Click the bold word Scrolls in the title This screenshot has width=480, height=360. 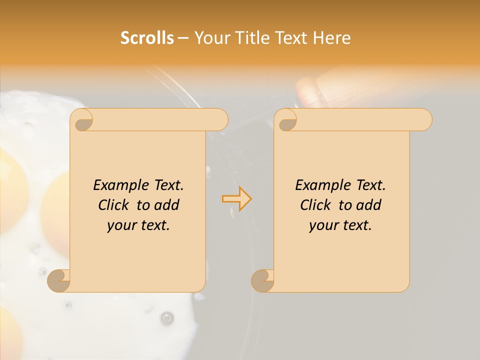click(x=147, y=38)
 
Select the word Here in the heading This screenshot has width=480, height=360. click(x=331, y=38)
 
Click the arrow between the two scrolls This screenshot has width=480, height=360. click(x=236, y=199)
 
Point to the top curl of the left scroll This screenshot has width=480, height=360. click(x=81, y=120)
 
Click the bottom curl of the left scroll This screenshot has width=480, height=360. click(x=59, y=281)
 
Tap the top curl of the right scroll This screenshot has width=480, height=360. click(x=285, y=120)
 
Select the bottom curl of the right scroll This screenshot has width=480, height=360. click(x=262, y=281)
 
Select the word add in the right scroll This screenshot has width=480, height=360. click(x=369, y=205)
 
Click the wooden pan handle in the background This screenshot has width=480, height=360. click(x=312, y=92)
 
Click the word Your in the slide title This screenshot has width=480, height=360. click(x=210, y=38)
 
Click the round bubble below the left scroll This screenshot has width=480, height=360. click(x=167, y=317)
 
